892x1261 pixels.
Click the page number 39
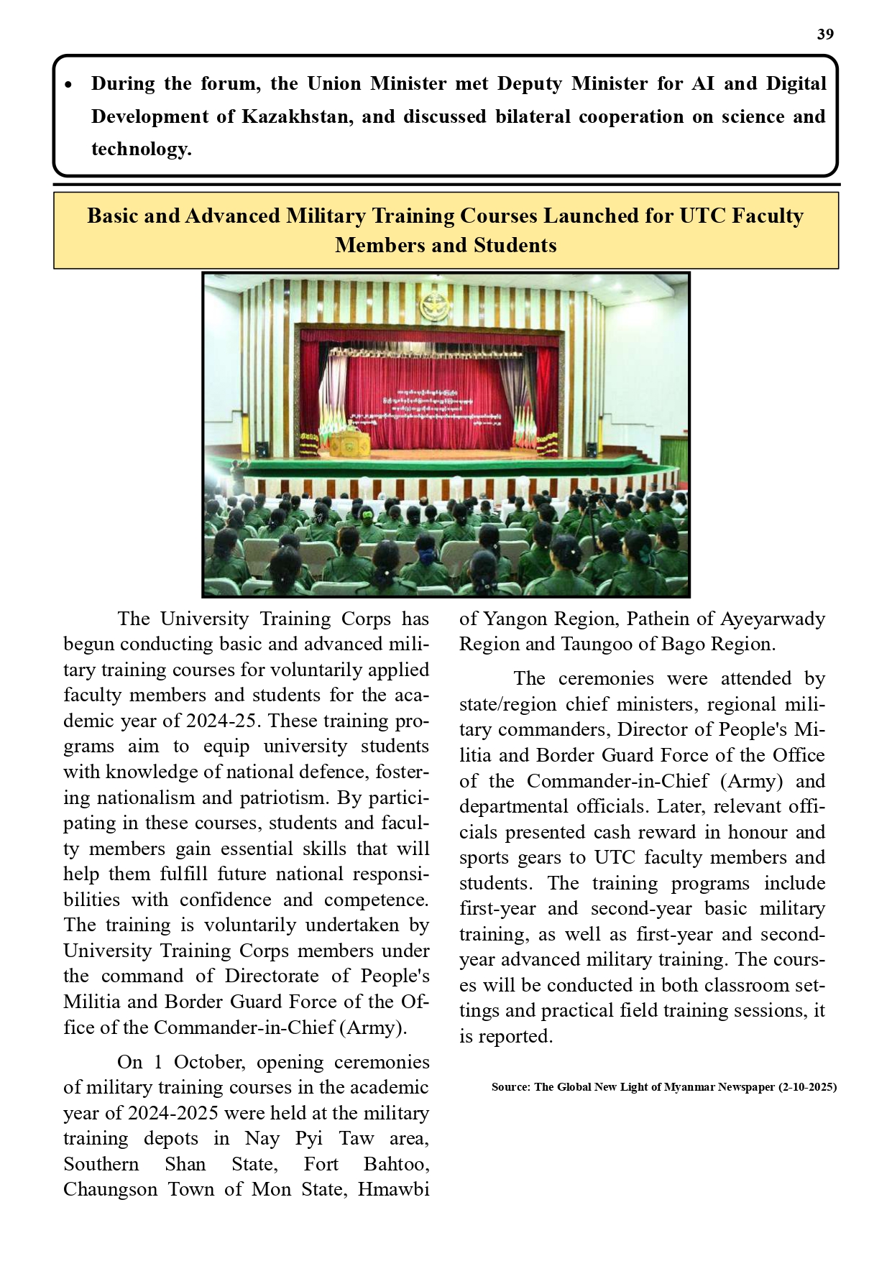825,34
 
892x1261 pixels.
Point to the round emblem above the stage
434,306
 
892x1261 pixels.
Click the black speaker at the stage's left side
262,449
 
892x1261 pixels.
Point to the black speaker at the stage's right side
592,450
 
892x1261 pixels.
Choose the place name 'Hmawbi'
393,1189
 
